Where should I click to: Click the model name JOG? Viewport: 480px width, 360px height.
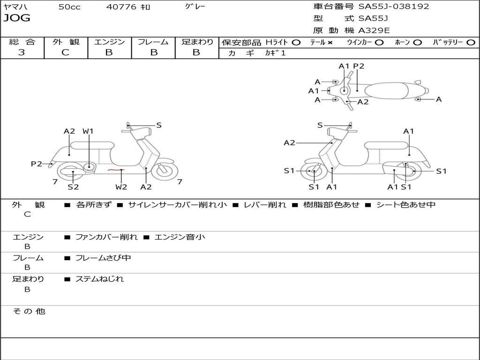(x=17, y=18)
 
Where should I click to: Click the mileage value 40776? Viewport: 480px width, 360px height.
(x=121, y=7)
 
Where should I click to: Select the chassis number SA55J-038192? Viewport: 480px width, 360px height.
(x=394, y=7)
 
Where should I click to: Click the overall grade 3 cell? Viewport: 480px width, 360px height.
(x=22, y=52)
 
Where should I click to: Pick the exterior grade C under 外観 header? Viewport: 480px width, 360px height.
(x=65, y=52)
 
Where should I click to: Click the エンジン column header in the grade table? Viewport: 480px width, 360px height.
(x=109, y=42)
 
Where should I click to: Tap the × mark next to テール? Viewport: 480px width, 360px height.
(x=330, y=43)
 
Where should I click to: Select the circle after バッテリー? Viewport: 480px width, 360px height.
(x=471, y=43)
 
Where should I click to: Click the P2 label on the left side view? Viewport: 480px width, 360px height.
(x=37, y=164)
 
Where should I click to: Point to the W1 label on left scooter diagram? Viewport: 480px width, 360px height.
(x=88, y=131)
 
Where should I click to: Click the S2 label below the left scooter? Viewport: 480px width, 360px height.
(x=73, y=187)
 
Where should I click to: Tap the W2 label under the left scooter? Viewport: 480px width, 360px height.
(x=121, y=187)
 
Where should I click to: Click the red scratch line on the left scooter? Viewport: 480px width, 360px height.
(x=113, y=170)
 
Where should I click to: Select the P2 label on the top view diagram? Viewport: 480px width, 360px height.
(x=359, y=66)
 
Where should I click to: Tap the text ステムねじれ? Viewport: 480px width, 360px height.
(x=99, y=279)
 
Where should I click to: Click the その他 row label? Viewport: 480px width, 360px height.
(x=29, y=311)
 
